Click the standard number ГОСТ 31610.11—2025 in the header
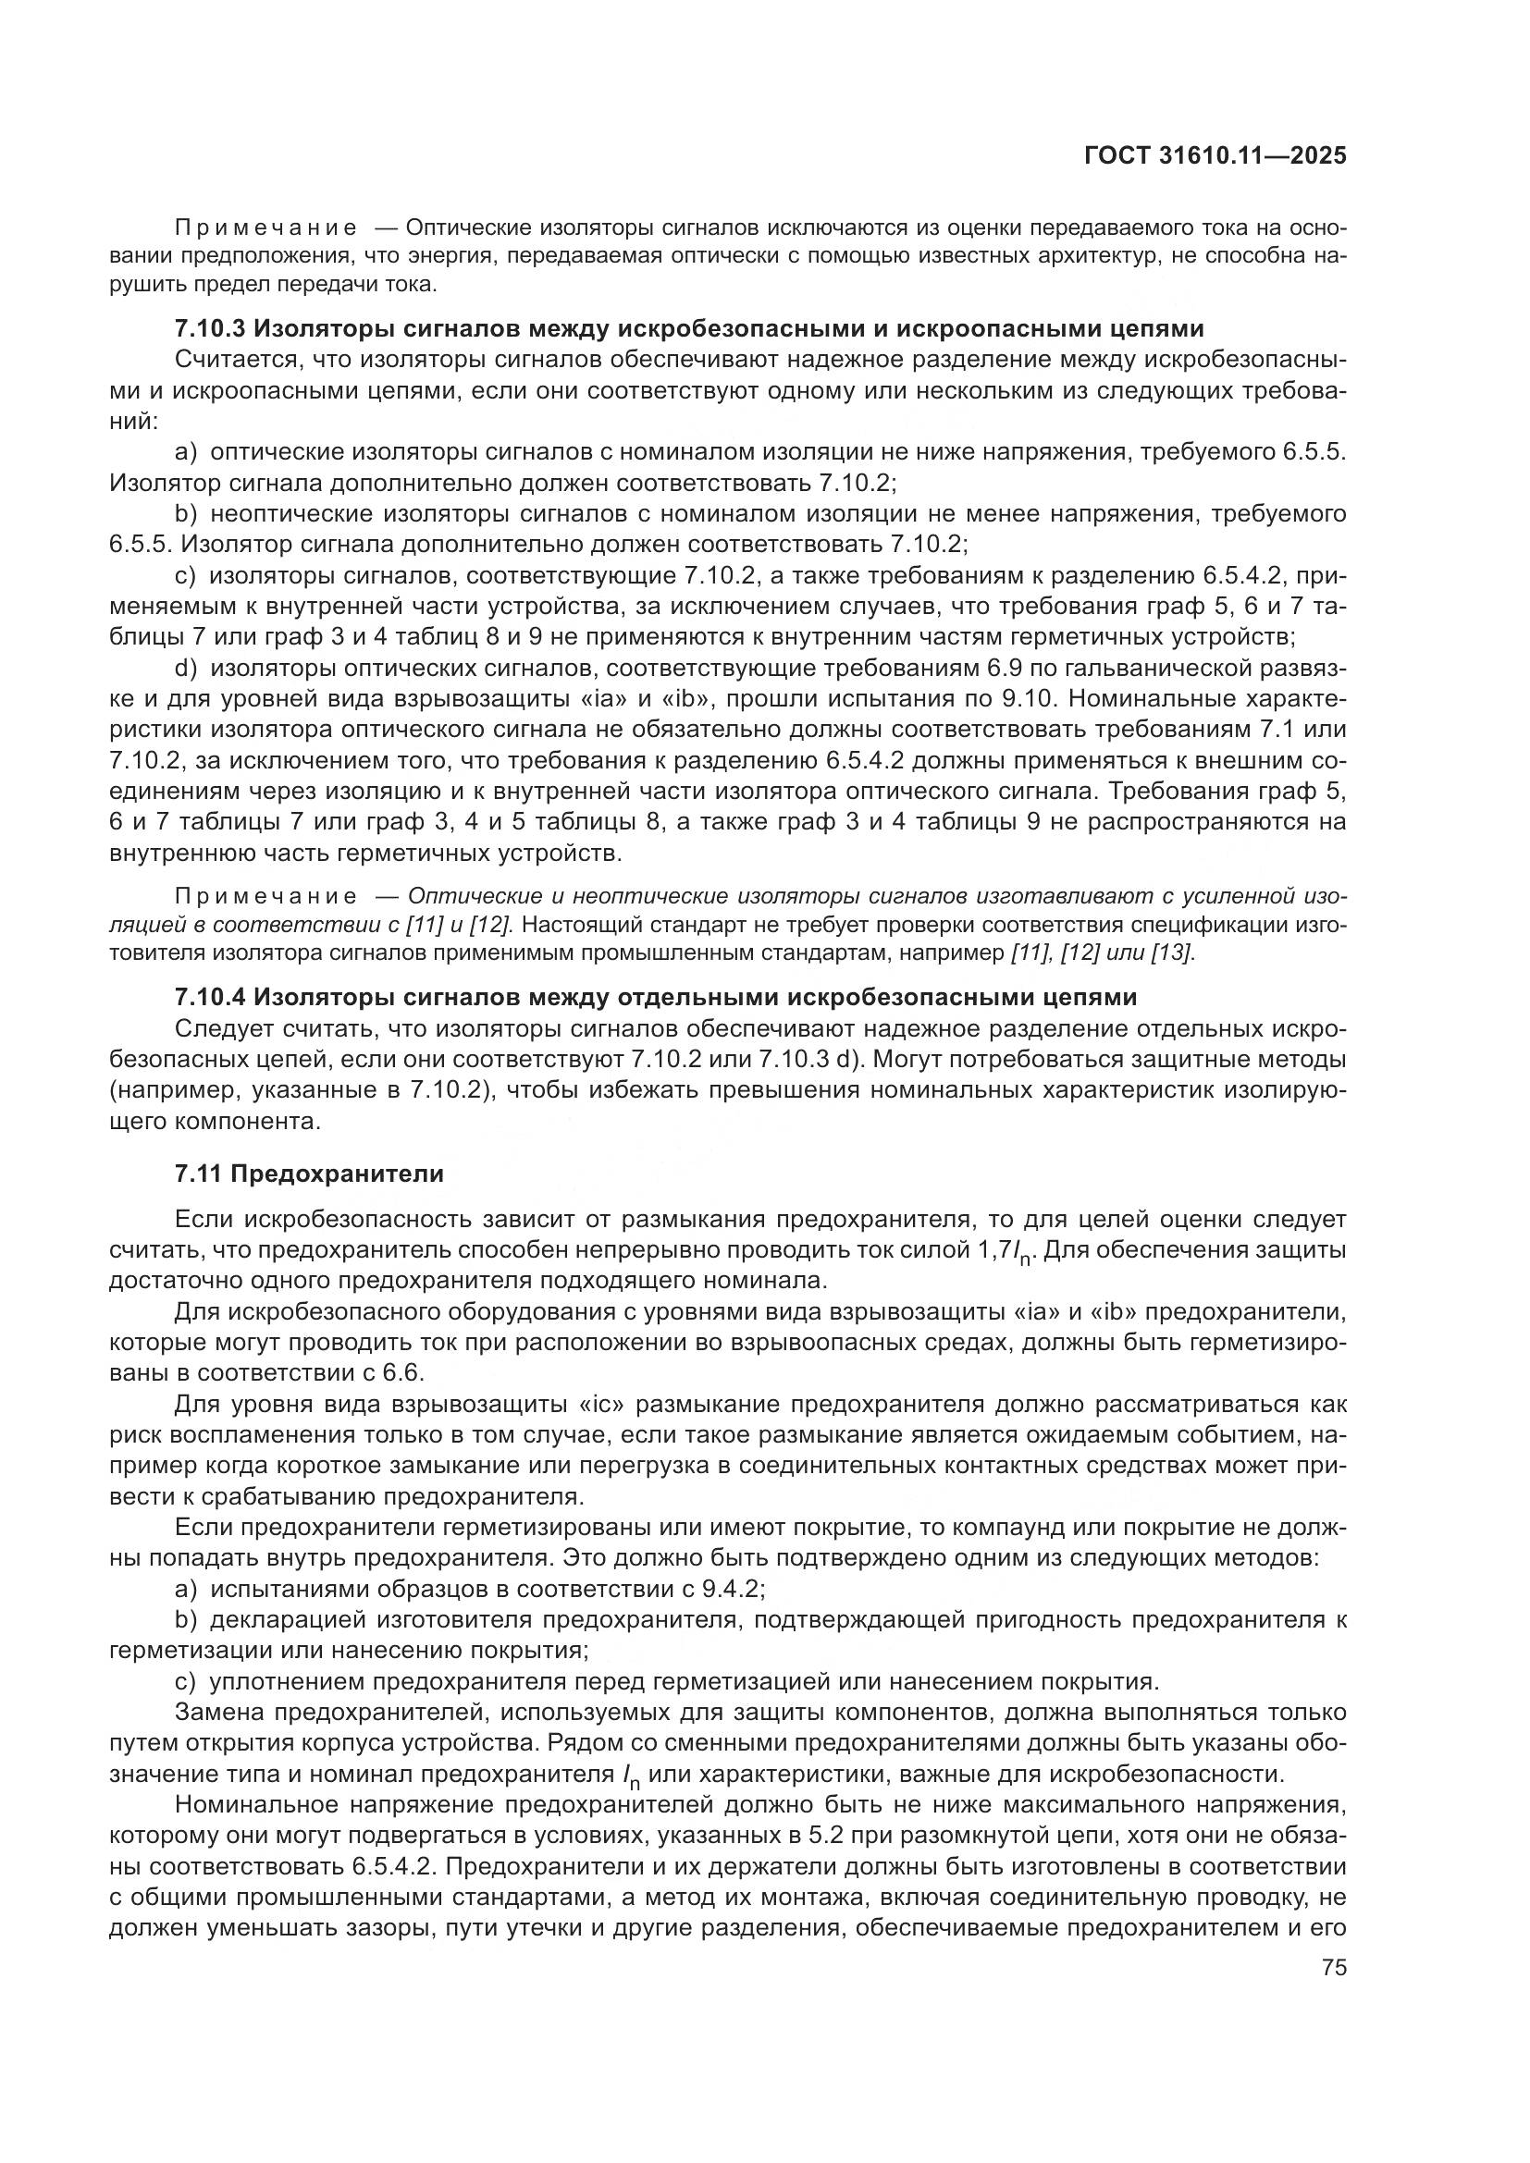tap(1215, 156)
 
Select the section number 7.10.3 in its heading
tap(210, 329)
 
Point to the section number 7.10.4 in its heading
tap(210, 997)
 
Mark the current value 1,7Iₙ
tap(1009, 1251)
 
